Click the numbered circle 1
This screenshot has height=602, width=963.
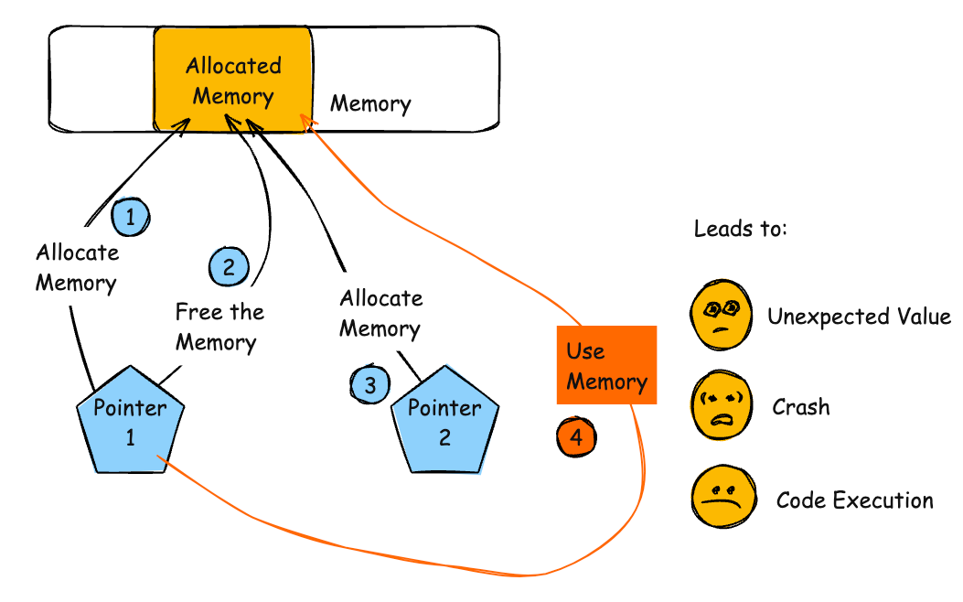pyautogui.click(x=130, y=218)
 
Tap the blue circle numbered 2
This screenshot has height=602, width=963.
pyautogui.click(x=229, y=267)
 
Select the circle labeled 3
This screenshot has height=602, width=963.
pyautogui.click(x=369, y=385)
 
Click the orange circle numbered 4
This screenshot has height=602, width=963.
pyautogui.click(x=576, y=437)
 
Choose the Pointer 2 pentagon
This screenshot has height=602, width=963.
pyautogui.click(x=444, y=422)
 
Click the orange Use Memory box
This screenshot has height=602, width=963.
pyautogui.click(x=606, y=365)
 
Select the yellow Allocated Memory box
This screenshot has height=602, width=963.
pyautogui.click(x=233, y=81)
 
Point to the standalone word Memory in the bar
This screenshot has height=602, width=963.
pyautogui.click(x=370, y=103)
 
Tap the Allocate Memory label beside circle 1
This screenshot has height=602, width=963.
pyautogui.click(x=77, y=267)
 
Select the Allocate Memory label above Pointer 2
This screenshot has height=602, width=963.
pyautogui.click(x=380, y=313)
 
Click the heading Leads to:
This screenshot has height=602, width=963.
pyautogui.click(x=740, y=229)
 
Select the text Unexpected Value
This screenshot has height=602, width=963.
pyautogui.click(x=859, y=317)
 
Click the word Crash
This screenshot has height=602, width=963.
pyautogui.click(x=800, y=406)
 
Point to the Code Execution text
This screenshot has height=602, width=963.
pyautogui.click(x=854, y=500)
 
